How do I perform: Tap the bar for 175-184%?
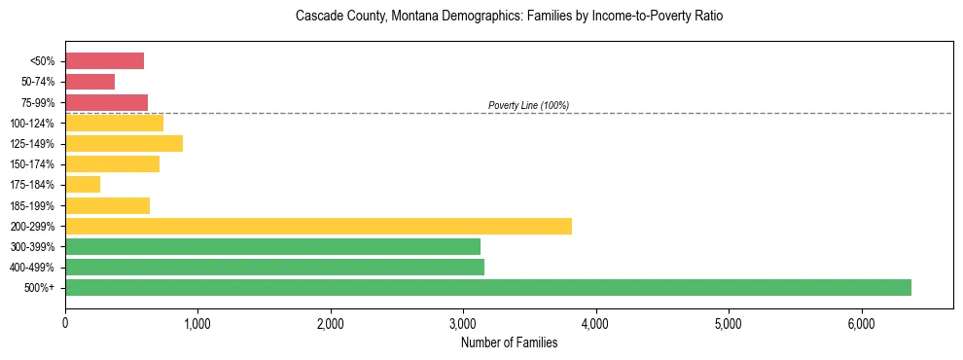83,185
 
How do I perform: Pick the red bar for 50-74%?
89,82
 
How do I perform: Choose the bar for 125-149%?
124,144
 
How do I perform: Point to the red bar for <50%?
104,61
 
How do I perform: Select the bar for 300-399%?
272,246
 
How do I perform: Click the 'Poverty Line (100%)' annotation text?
528,105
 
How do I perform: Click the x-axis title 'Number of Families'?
509,342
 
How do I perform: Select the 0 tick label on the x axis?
65,323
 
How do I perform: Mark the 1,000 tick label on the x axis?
197,323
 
